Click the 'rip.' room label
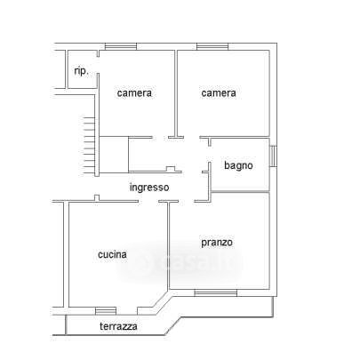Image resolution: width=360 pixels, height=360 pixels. (81, 71)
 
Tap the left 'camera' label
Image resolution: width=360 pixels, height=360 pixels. (134, 93)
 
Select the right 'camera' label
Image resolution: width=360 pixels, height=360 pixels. (219, 93)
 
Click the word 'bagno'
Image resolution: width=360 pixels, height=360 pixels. (238, 165)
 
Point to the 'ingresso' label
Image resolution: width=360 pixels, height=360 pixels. (149, 188)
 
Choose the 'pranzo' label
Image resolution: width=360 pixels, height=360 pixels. (217, 243)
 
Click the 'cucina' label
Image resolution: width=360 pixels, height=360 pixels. (112, 254)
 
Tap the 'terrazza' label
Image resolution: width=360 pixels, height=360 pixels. (118, 326)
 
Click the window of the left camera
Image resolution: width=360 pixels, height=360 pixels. (121, 46)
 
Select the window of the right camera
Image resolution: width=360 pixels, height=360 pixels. (212, 46)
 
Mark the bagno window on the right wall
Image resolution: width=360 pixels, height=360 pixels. (273, 156)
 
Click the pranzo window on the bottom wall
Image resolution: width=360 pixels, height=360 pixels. (216, 292)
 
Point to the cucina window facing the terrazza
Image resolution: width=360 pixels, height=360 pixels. (106, 311)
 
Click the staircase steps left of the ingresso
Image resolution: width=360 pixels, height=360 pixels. (89, 145)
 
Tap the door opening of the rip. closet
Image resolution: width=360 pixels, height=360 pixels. (98, 65)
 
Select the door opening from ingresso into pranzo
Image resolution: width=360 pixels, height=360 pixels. (187, 202)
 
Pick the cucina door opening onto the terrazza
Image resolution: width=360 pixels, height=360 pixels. (126, 311)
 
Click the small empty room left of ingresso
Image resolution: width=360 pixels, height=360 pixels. (114, 155)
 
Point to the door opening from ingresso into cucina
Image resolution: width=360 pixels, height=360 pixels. (148, 202)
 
